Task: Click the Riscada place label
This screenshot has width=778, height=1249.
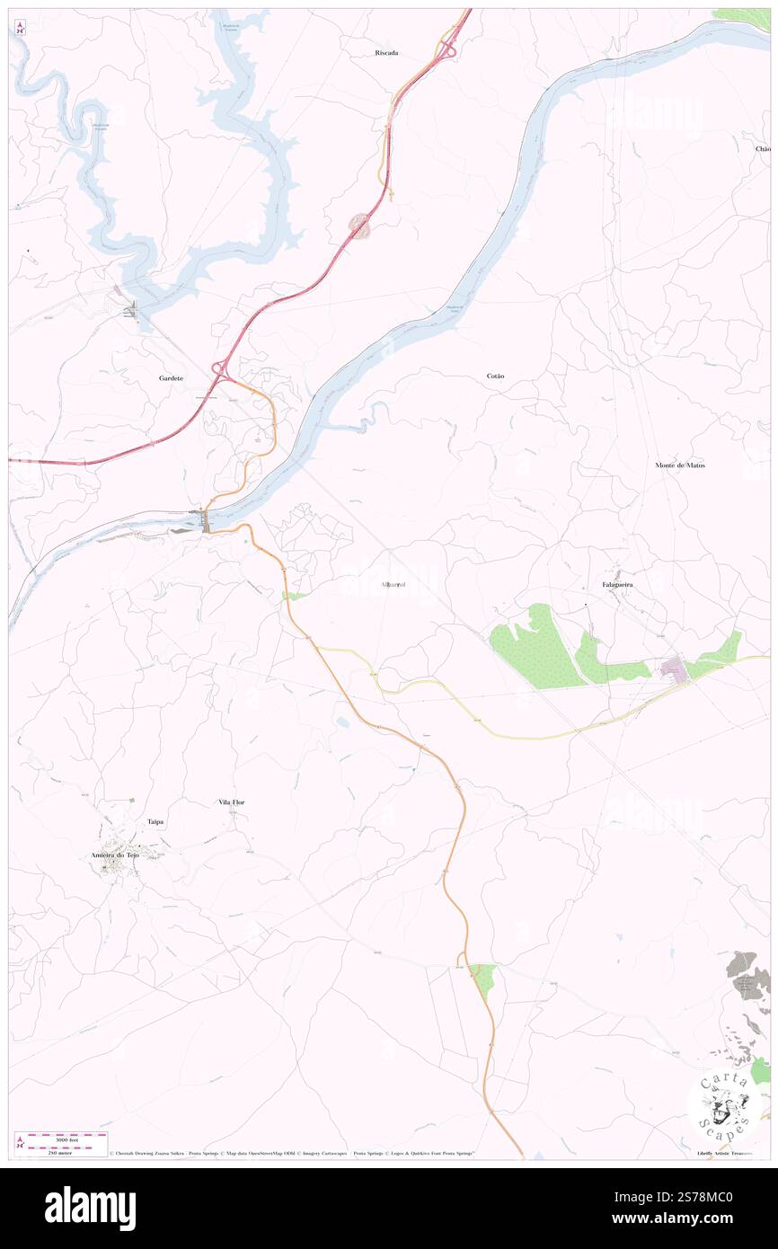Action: (386, 53)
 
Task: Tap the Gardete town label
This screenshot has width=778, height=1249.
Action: (172, 378)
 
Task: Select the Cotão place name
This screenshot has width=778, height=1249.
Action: (495, 375)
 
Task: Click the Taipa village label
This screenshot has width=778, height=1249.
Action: (156, 821)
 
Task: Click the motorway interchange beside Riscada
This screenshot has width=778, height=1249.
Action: (446, 50)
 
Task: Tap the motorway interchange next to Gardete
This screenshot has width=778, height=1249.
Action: (218, 368)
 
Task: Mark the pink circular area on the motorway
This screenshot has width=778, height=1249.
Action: (360, 226)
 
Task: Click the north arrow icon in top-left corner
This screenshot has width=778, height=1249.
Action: (20, 28)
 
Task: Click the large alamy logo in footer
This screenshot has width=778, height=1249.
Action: (90, 1208)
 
